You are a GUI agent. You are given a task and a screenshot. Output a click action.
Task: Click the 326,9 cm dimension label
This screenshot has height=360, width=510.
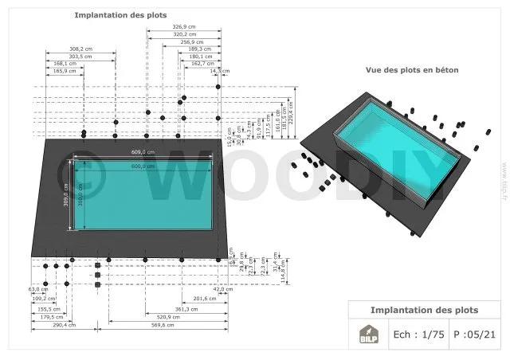tap(184, 27)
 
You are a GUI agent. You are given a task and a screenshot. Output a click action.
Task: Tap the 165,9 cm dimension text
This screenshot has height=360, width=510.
tap(65, 72)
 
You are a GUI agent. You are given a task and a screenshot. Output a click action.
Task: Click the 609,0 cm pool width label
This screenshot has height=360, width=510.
tap(143, 151)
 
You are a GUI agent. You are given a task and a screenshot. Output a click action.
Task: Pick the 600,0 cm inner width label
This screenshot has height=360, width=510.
tap(143, 166)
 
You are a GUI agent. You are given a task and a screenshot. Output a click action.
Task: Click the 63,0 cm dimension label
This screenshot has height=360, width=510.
tap(33, 289)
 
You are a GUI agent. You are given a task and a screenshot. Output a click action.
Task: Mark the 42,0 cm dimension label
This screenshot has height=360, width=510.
tap(233, 289)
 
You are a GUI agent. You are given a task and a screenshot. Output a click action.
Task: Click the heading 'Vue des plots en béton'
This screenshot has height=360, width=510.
tap(412, 70)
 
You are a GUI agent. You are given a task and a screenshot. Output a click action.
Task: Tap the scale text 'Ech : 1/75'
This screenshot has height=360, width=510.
tap(418, 335)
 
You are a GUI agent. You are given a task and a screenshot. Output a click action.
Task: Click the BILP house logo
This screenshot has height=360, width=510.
tap(367, 335)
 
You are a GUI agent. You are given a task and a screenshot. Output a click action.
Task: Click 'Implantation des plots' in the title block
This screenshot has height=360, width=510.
tap(424, 309)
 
